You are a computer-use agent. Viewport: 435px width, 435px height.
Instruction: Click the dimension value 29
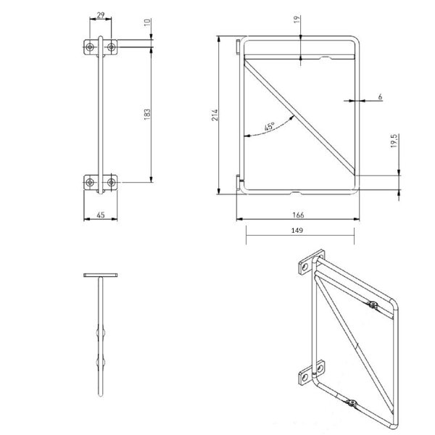click(x=101, y=15)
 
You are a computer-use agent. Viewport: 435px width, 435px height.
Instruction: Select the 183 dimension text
click(x=147, y=115)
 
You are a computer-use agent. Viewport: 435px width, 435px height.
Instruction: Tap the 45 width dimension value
click(x=101, y=215)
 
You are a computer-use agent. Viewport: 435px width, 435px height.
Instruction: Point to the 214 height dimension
click(x=215, y=115)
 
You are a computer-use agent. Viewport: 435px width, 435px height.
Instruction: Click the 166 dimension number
click(x=298, y=215)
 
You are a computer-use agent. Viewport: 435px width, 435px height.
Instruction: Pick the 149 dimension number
click(x=297, y=231)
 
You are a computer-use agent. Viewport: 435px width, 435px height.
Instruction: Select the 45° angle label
click(x=269, y=126)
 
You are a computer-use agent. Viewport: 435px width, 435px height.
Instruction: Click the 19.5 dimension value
click(x=394, y=141)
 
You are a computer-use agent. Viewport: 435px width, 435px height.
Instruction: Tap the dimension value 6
click(x=380, y=97)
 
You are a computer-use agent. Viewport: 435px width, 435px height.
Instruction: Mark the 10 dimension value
click(x=147, y=22)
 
